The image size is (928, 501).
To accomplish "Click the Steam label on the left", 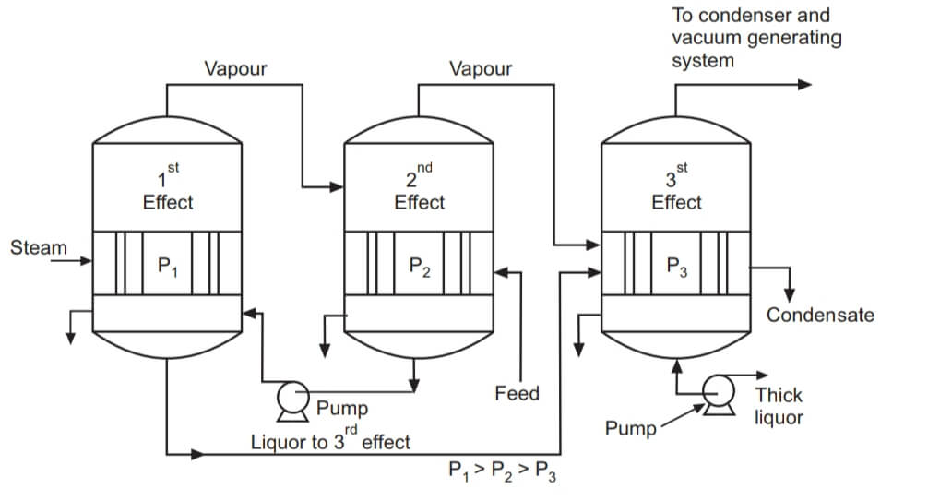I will click(x=39, y=247).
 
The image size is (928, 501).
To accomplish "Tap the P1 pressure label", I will click(x=168, y=268).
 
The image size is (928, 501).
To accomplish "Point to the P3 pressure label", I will click(x=677, y=268).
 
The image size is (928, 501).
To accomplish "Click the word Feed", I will click(x=517, y=394).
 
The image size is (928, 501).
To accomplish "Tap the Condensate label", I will click(x=820, y=316).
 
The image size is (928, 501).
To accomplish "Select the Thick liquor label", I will click(x=779, y=406).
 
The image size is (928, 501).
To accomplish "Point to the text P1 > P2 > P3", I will click(x=502, y=471).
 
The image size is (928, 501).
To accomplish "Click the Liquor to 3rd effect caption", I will click(x=330, y=440).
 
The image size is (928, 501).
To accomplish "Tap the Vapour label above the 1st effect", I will click(x=236, y=68).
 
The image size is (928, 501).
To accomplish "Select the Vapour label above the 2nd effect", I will click(x=480, y=69).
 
